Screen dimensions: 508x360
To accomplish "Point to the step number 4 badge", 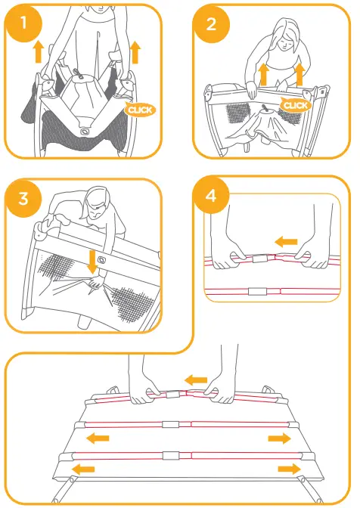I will point(211,197).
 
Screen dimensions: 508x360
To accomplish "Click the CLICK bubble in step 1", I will point(140,110).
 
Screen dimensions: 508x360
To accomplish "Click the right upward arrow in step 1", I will point(135,52).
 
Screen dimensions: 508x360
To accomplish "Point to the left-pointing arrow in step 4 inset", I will point(286,241).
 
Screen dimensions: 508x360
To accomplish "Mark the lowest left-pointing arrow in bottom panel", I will point(84,469).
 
